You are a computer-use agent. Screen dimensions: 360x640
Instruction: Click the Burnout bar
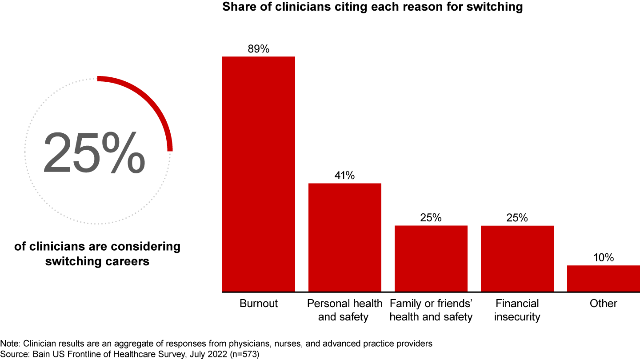pos(258,174)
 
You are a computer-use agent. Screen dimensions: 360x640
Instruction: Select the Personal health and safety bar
pos(344,237)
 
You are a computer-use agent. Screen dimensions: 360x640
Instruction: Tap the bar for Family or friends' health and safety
pos(431,258)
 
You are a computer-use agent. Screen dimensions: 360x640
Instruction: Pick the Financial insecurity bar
pos(517,258)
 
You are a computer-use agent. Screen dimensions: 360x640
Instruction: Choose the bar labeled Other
pos(603,278)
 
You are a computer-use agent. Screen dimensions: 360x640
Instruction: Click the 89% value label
pos(258,49)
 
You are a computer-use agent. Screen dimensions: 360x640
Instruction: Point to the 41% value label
pos(344,176)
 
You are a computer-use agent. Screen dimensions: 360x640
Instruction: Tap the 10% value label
pos(603,258)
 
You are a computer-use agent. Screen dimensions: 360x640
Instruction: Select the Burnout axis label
pos(258,304)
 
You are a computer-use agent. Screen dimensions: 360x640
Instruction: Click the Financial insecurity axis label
pos(517,310)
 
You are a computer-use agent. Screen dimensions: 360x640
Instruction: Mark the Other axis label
pos(603,304)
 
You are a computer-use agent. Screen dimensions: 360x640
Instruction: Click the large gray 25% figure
pos(94,152)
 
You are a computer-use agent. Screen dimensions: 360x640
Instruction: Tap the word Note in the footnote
pos(8,344)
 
